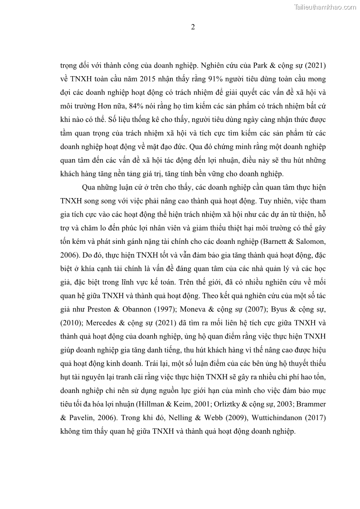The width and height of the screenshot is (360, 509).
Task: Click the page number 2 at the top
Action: tap(193, 27)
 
